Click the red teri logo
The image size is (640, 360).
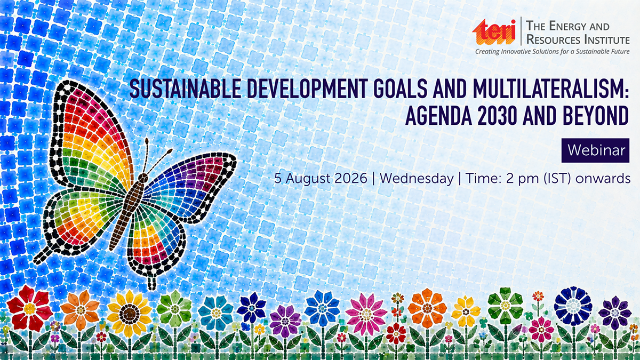pyautogui.click(x=494, y=32)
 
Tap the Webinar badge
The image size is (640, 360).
pyautogui.click(x=595, y=150)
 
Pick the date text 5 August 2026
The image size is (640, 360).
pyautogui.click(x=321, y=179)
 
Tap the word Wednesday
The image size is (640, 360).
pyautogui.click(x=417, y=179)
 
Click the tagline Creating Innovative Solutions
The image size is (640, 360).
pyautogui.click(x=527, y=52)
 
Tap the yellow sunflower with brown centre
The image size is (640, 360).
pyautogui.click(x=129, y=314)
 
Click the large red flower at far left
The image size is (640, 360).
pyautogui.click(x=29, y=308)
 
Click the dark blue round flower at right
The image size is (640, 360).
pyautogui.click(x=573, y=306)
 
